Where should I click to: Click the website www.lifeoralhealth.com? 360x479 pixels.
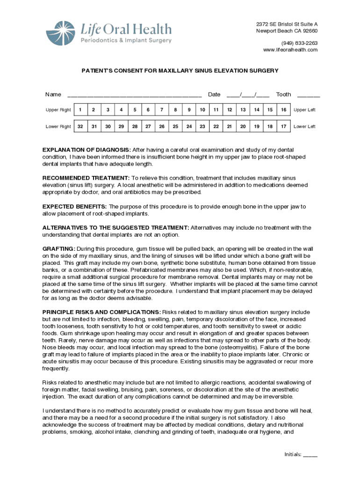click(x=290, y=50)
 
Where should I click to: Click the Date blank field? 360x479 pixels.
click(x=248, y=95)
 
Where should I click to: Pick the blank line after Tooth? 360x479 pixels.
click(x=309, y=95)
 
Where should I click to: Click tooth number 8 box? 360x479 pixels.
click(x=175, y=110)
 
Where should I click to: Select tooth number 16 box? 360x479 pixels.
click(x=283, y=110)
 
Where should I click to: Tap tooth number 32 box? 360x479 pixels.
click(x=80, y=126)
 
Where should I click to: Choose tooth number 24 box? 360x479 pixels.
click(x=189, y=126)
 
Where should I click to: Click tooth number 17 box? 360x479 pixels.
click(x=283, y=126)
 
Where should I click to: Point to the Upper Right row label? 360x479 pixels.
click(x=58, y=110)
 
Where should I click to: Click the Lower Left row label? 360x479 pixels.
click(x=304, y=126)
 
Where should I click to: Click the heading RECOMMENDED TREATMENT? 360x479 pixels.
click(x=86, y=178)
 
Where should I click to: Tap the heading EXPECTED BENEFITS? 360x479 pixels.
click(x=75, y=206)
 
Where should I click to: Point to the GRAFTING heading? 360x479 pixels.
click(x=59, y=248)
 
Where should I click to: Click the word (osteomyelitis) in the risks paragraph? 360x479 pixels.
click(x=232, y=348)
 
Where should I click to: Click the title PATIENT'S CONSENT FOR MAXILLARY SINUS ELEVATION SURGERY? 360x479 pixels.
click(x=180, y=71)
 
